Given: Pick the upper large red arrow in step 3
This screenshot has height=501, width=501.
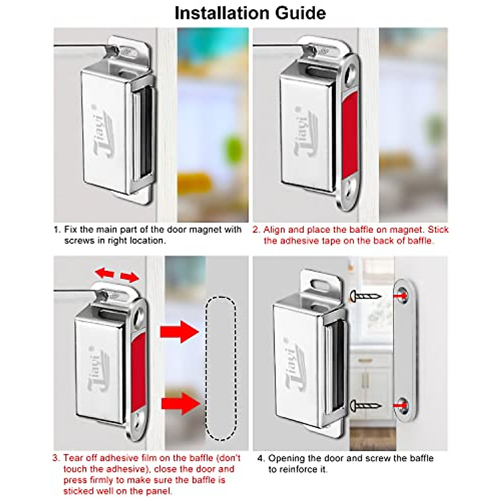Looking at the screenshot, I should coord(179,332).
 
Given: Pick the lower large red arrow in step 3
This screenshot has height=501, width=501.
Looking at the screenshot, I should coord(180,404).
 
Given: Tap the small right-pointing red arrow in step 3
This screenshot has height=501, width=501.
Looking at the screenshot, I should coord(130,277).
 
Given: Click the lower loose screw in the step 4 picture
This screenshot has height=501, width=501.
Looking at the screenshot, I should coord(366,405).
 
